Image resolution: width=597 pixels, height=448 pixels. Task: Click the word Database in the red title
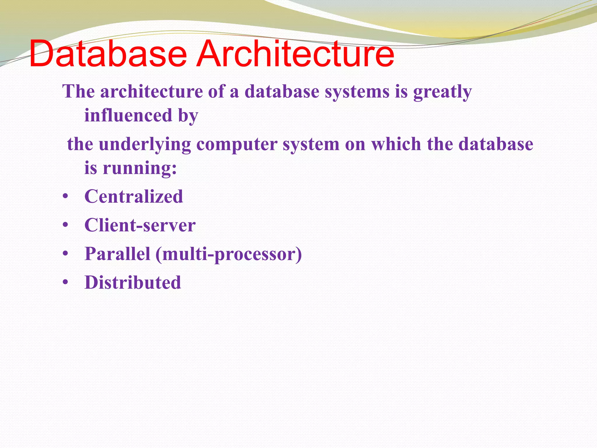point(108,54)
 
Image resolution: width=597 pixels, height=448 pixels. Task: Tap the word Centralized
point(134,196)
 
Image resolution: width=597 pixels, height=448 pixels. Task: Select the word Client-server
point(140,225)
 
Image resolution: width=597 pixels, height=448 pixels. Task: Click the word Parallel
point(117,254)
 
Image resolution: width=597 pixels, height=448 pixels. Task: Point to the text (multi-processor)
point(229,254)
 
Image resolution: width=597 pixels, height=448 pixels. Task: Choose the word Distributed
point(133,282)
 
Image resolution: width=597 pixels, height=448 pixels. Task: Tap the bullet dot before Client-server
point(65,226)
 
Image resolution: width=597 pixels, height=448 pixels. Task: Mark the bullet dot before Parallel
point(65,254)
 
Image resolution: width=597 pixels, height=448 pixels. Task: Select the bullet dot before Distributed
point(65,283)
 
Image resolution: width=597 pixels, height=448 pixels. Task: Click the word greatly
point(442,92)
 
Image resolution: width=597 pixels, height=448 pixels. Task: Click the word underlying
point(145,145)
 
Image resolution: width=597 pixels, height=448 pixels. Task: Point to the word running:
point(140,168)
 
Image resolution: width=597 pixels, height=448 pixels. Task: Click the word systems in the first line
point(357,92)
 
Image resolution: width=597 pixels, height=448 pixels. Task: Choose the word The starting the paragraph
point(79,92)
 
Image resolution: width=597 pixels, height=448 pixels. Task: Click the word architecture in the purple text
point(152,92)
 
